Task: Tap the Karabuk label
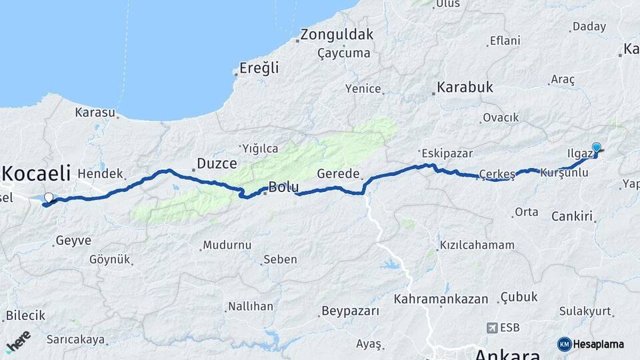pyautogui.click(x=465, y=87)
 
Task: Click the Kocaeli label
pyautogui.click(x=36, y=174)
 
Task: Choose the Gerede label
pyautogui.click(x=337, y=173)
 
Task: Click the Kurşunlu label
pyautogui.click(x=564, y=173)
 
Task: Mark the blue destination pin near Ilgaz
pyautogui.click(x=596, y=148)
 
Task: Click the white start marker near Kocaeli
pyautogui.click(x=48, y=197)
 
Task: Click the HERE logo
pyautogui.click(x=17, y=341)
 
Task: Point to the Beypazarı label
pyautogui.click(x=350, y=311)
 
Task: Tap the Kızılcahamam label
pyautogui.click(x=478, y=245)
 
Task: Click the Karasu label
pyautogui.click(x=95, y=113)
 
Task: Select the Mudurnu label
pyautogui.click(x=228, y=245)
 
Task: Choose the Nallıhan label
pyautogui.click(x=251, y=307)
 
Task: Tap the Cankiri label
pyautogui.click(x=572, y=217)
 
